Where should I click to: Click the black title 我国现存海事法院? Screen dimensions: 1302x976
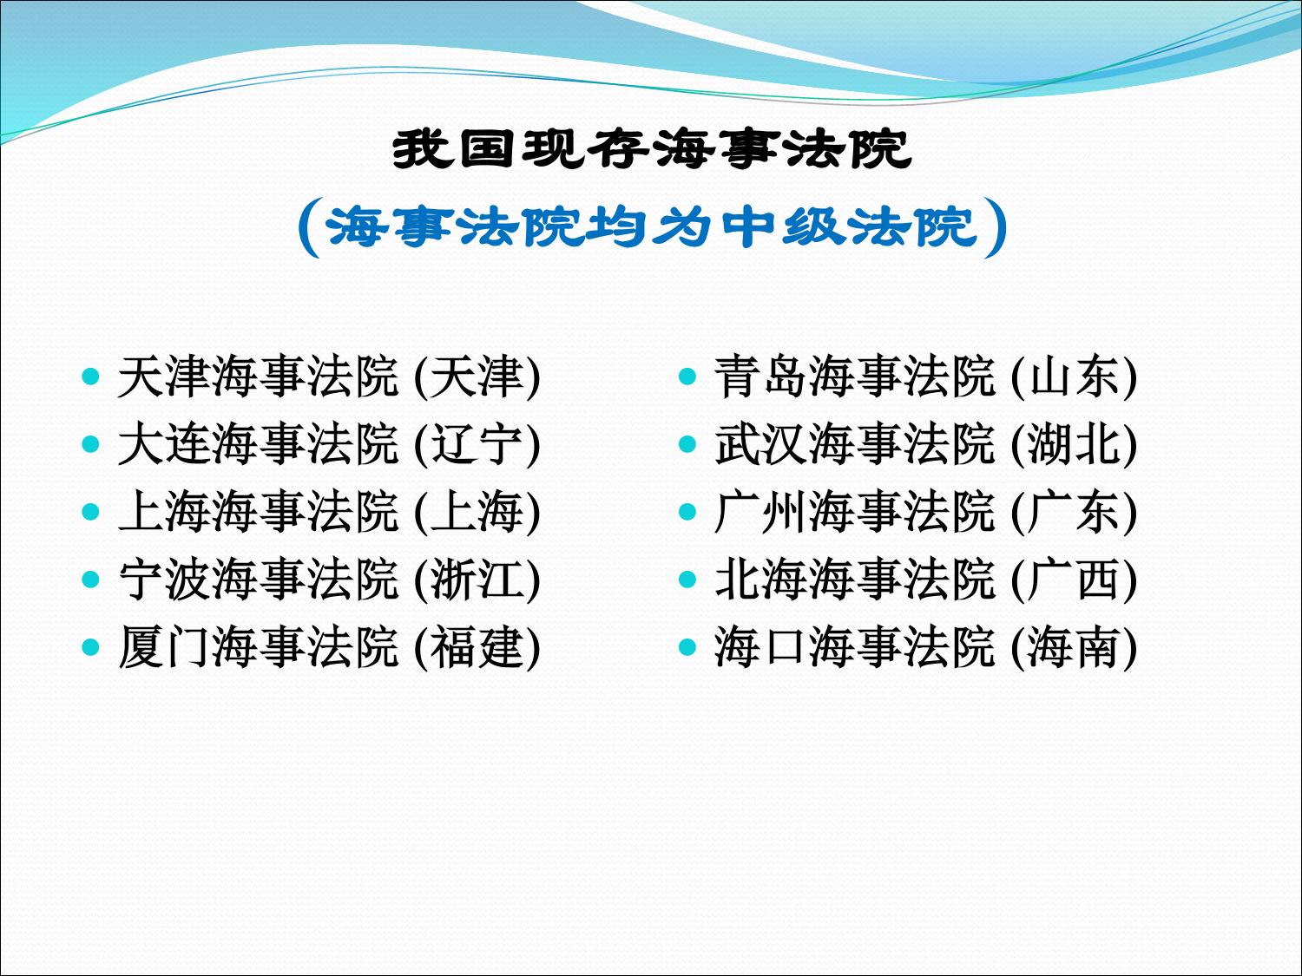[x=651, y=149]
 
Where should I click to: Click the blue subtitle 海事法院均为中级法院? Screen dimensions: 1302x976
[x=651, y=227]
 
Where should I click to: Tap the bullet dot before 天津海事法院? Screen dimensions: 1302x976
[x=90, y=377]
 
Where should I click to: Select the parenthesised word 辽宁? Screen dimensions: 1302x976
[x=477, y=444]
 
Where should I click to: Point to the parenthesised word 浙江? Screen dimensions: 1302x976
[x=477, y=579]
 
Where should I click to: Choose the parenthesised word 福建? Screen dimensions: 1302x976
[x=477, y=646]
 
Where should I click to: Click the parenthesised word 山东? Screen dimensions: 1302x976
[x=1074, y=377]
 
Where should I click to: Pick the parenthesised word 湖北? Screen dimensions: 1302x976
[x=1074, y=444]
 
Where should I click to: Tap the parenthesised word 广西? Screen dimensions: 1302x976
[x=1074, y=579]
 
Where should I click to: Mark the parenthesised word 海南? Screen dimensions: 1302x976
[x=1074, y=646]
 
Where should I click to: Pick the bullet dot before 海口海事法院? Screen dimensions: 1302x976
[x=687, y=646]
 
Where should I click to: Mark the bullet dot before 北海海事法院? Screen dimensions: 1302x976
[x=687, y=579]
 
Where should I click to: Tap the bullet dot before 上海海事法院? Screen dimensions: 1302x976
[x=90, y=511]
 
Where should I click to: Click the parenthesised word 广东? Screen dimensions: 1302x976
[x=1074, y=511]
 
